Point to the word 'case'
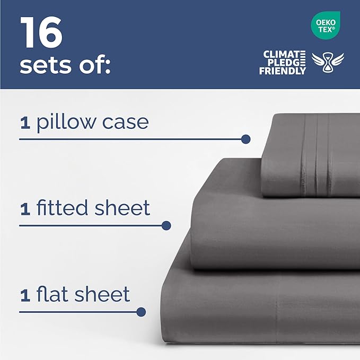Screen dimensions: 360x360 point(128,123)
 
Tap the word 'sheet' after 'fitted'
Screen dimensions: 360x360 point(122,208)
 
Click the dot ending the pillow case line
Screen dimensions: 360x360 point(245,139)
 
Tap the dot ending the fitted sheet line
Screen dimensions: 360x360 point(166,225)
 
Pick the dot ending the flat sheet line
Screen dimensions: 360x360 point(141,312)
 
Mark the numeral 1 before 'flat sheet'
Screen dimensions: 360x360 point(24,295)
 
